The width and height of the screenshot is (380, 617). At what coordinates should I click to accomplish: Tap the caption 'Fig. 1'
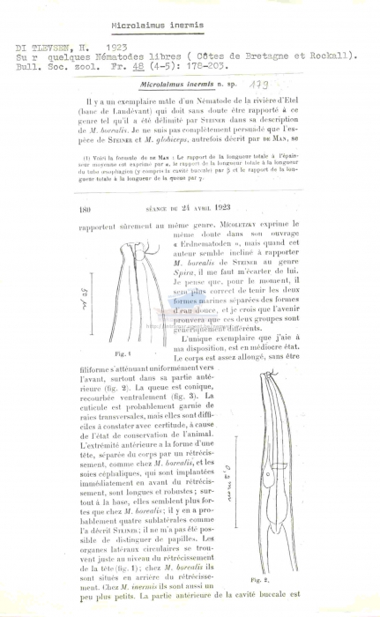[x=123, y=352]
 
